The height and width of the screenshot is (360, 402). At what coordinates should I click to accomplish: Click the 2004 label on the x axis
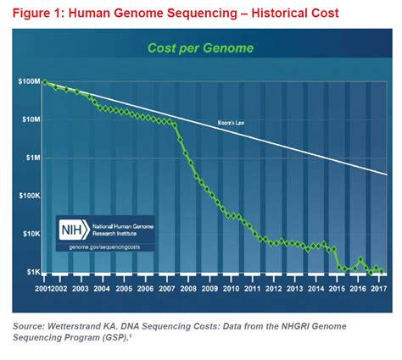(102, 290)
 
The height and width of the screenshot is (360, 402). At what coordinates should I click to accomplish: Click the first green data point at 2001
(44, 82)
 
